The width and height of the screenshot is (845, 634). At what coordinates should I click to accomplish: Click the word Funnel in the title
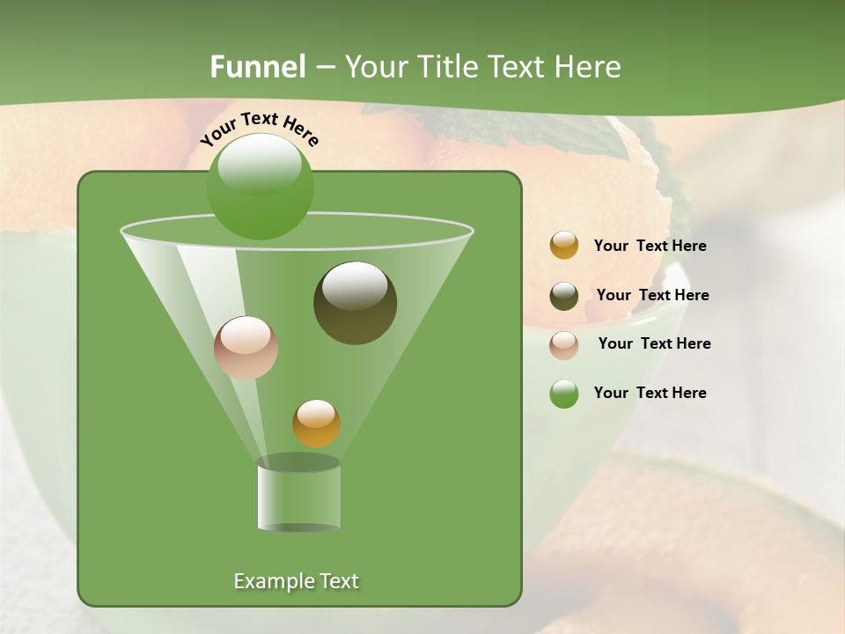pos(258,67)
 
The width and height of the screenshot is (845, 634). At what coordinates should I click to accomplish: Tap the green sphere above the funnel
pos(260,187)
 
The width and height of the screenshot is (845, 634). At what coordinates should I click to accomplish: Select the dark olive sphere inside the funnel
pos(355,303)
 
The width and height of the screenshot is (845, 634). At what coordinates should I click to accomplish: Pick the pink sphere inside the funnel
pos(246,348)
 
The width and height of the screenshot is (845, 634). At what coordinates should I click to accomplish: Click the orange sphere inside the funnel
pos(316,424)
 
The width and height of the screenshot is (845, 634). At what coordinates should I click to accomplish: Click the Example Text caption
pos(296,581)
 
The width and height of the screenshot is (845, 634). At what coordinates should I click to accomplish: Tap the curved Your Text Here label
pos(260,128)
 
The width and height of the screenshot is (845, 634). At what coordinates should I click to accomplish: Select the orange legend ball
pos(564,246)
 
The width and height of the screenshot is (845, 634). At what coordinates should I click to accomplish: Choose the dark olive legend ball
pos(564,296)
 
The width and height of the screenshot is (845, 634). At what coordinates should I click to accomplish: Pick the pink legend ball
pos(564,344)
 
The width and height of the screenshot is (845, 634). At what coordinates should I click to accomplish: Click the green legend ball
pos(564,394)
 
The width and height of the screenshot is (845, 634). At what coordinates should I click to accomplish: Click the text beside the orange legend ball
pos(650,247)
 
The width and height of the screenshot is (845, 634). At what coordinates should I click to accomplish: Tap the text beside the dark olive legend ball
pos(652,296)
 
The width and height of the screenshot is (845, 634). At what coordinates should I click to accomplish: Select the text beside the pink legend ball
pos(654,344)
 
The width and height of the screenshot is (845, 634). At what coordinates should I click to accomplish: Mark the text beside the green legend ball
pos(650,394)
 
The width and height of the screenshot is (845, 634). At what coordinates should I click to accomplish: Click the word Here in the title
pos(588,67)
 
